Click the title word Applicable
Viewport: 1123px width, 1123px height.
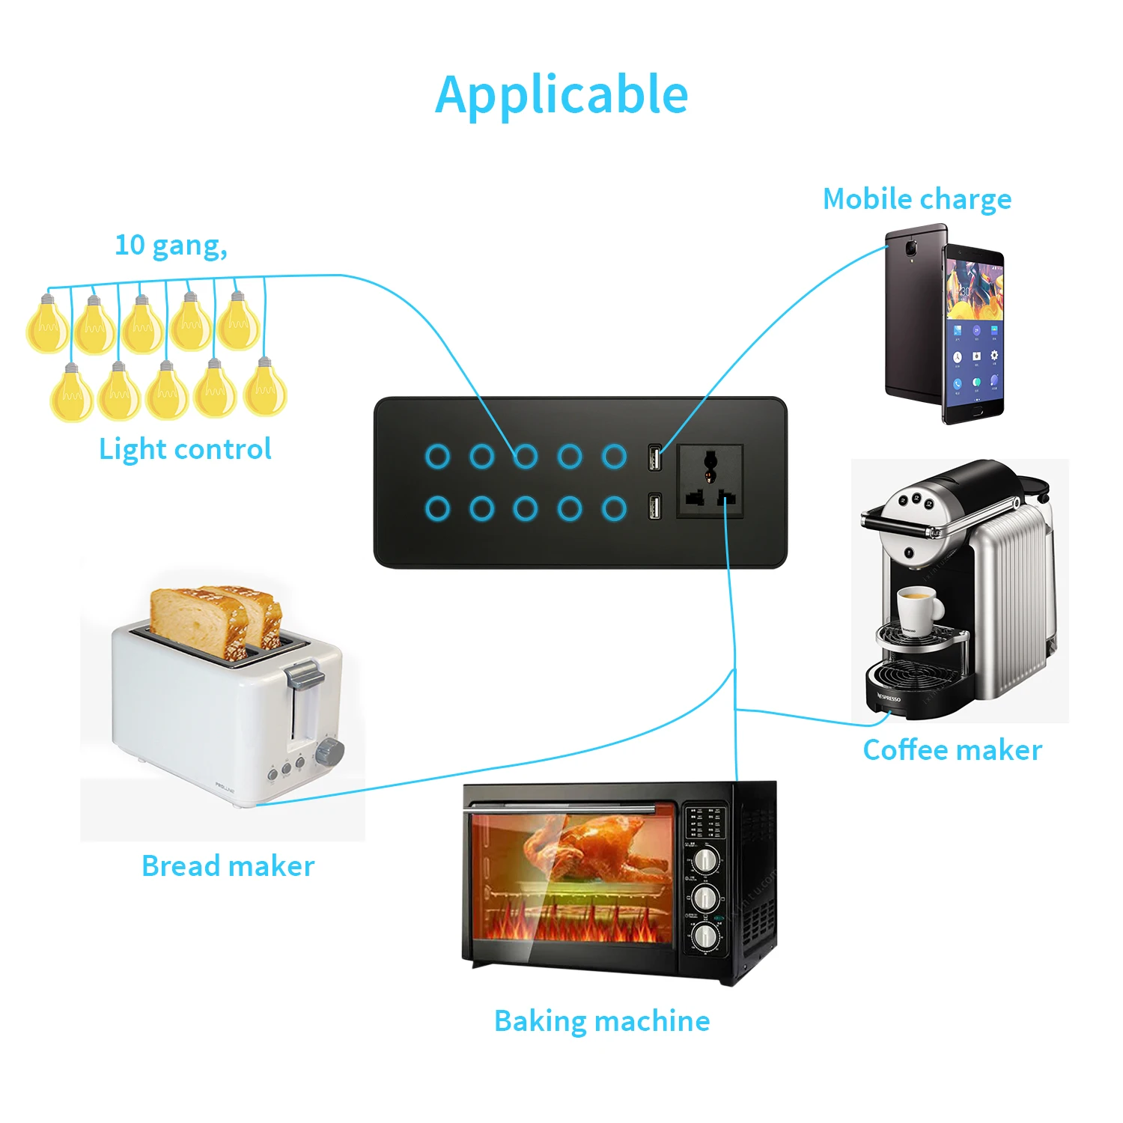point(561,95)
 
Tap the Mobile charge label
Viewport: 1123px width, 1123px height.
point(916,199)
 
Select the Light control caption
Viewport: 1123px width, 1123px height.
point(185,449)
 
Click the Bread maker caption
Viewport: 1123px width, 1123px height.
point(228,866)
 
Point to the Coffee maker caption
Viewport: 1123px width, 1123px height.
point(952,750)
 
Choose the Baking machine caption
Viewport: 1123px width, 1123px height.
point(602,1021)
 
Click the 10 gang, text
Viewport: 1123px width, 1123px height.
point(171,245)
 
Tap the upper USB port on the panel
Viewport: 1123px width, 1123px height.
point(655,457)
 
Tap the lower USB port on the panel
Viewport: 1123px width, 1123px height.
point(655,508)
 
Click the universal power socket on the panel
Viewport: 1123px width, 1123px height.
point(710,481)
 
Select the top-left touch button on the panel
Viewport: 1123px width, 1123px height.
point(437,456)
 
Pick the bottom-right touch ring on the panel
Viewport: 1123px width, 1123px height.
point(614,508)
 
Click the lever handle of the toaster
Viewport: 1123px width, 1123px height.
point(305,675)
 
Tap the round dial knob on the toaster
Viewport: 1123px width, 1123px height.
point(329,751)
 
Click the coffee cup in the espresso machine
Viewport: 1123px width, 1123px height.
point(919,608)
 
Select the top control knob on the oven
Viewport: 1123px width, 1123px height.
point(705,859)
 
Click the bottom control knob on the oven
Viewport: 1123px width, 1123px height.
point(705,935)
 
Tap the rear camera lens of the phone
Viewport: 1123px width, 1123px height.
point(911,246)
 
